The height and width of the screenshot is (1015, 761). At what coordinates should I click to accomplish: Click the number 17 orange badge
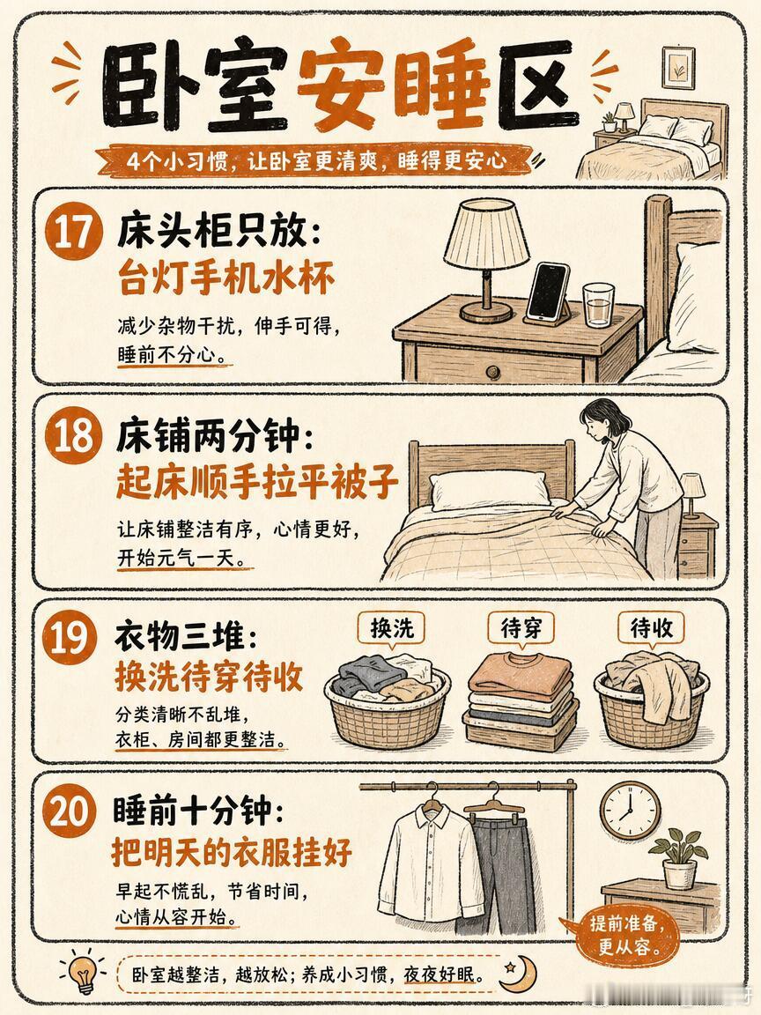pyautogui.click(x=73, y=230)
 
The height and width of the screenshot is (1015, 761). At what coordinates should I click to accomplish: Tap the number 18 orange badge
pyautogui.click(x=73, y=435)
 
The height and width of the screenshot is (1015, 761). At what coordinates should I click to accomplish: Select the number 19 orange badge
pyautogui.click(x=70, y=637)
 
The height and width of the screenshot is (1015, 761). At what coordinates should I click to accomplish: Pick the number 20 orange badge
pyautogui.click(x=70, y=811)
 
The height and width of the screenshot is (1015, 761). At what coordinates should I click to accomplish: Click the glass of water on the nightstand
pyautogui.click(x=597, y=304)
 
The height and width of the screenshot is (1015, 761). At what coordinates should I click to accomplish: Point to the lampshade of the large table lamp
pyautogui.click(x=486, y=233)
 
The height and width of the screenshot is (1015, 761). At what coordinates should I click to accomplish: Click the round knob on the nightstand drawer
pyautogui.click(x=493, y=372)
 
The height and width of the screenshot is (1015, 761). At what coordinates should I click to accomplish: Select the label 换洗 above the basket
pyautogui.click(x=391, y=628)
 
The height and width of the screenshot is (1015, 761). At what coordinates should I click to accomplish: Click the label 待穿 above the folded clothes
pyautogui.click(x=521, y=628)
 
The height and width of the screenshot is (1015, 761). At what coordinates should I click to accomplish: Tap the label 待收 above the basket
pyautogui.click(x=651, y=628)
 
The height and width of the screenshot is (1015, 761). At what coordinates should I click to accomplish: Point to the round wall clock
pyautogui.click(x=630, y=811)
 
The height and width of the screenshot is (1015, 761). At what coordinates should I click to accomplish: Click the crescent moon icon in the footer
pyautogui.click(x=520, y=973)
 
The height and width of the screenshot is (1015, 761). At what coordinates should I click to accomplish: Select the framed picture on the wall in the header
pyautogui.click(x=677, y=67)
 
